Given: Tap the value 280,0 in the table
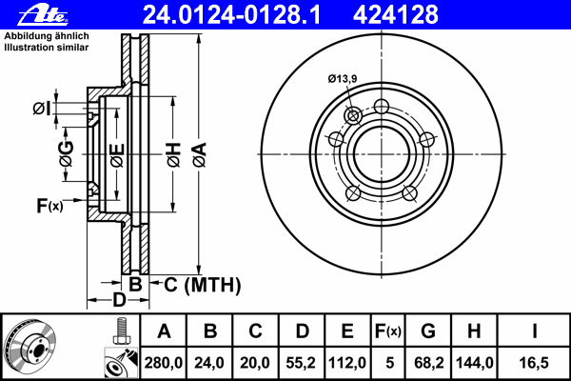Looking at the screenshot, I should [x=165, y=362].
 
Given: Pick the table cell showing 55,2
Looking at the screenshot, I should [x=302, y=362].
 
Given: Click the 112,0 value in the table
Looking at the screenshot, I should [x=347, y=362].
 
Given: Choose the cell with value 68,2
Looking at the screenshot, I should [x=428, y=362].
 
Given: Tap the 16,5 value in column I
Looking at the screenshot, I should [x=534, y=362].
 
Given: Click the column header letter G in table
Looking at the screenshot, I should [x=428, y=332].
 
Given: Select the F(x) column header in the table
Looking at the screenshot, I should [x=387, y=332].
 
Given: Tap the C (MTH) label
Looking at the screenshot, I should [x=203, y=285].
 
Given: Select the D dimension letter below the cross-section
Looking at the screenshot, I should [x=119, y=302].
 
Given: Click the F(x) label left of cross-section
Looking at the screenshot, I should [x=49, y=205].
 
